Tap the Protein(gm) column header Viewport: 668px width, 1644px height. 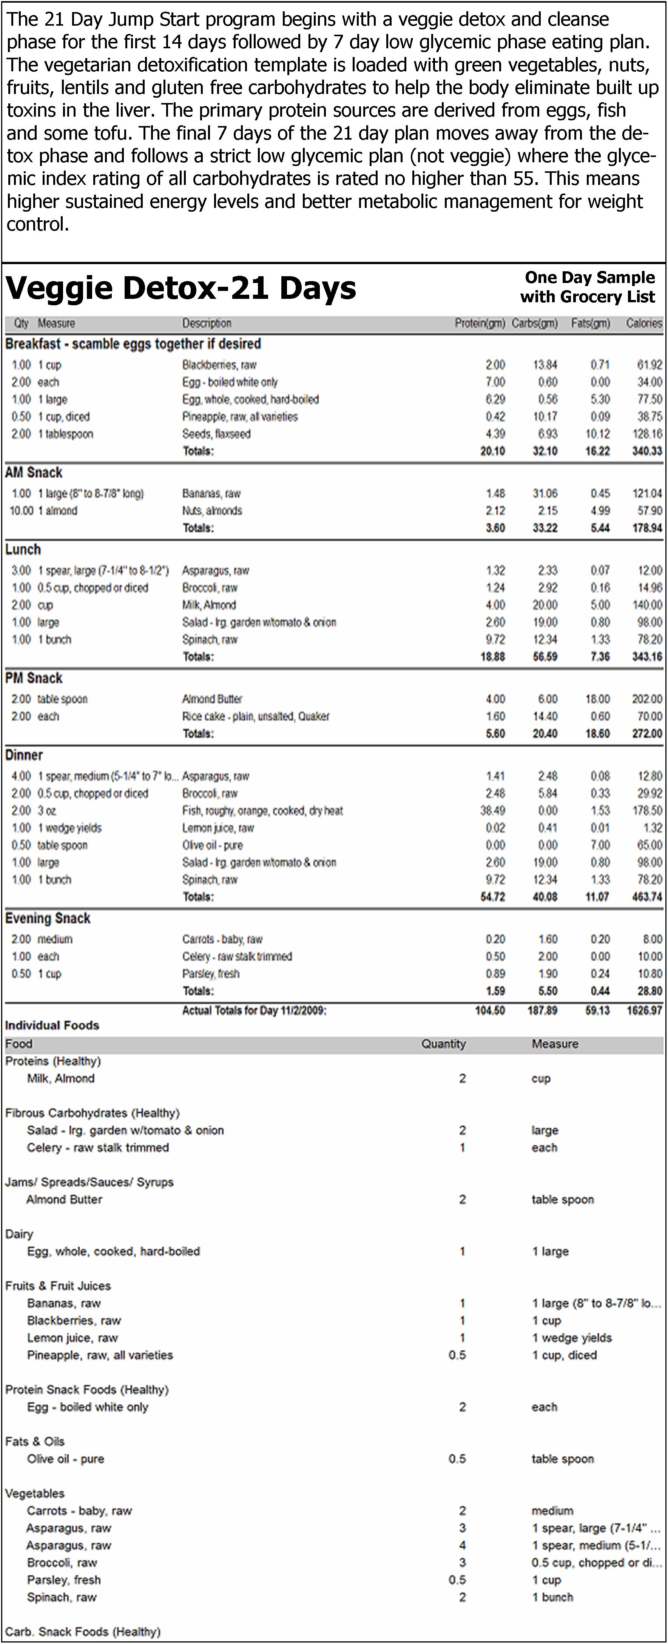480,324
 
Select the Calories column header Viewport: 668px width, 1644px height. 644,324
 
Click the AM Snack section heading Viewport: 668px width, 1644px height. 34,472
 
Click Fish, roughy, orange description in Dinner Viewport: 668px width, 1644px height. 262,810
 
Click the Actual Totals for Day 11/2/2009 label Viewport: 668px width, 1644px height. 254,1010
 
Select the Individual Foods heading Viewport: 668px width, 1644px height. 52,1026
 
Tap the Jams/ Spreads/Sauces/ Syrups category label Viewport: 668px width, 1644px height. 89,1182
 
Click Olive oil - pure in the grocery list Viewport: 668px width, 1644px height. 65,1459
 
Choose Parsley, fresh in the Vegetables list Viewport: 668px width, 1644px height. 64,1580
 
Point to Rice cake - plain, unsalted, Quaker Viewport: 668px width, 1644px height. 255,716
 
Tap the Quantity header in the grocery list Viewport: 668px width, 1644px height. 443,1044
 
